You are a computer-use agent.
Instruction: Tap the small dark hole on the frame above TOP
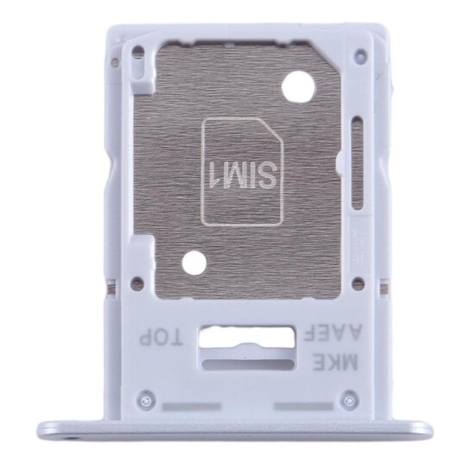point(136,282)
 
